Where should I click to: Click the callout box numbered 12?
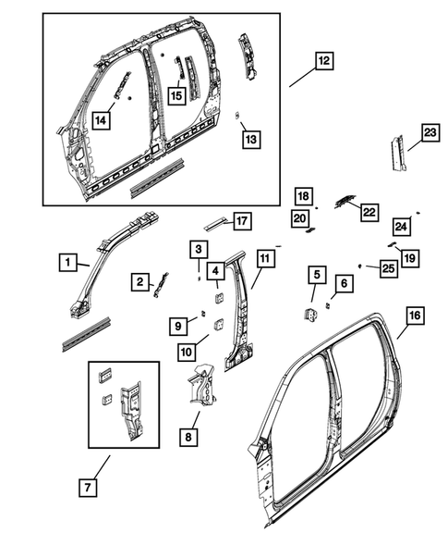coord(322,62)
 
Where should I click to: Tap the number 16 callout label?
coord(414,316)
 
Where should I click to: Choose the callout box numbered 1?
coord(66,263)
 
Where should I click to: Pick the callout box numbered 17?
coord(241,221)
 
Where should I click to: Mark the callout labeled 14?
coord(101,118)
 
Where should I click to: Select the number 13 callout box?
coord(250,139)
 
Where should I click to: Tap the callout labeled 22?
coord(369,212)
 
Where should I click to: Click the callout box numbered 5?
coord(315,275)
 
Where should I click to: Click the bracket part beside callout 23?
coord(396,155)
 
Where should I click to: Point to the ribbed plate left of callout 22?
coord(344,201)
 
